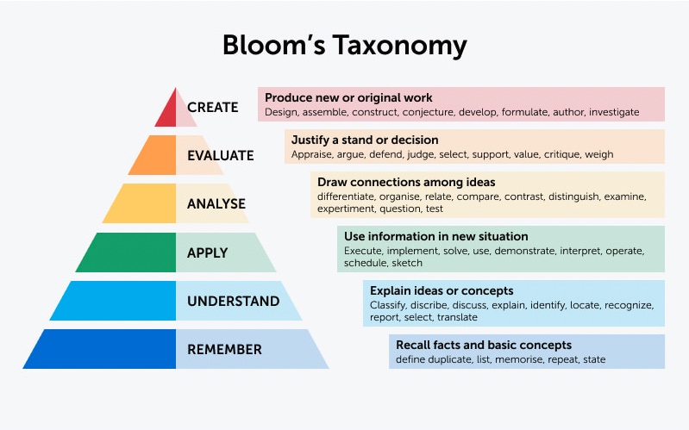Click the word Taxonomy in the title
point(399,46)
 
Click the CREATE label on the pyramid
point(213,107)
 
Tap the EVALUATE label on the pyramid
point(221,155)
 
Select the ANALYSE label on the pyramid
point(216,204)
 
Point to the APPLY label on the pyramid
point(208,253)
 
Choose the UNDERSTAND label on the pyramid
point(234,302)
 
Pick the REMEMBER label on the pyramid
point(224,350)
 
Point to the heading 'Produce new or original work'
point(348,97)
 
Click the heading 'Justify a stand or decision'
point(365,140)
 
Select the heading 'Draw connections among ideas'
point(406,182)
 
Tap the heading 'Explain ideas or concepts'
point(442,290)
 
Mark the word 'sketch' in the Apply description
point(407,263)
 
